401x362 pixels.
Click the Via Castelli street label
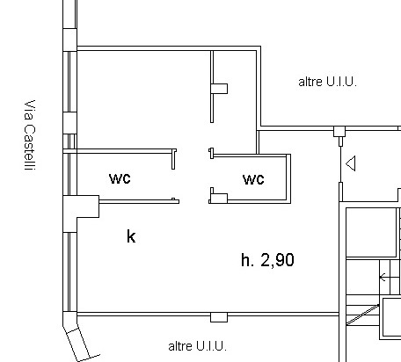(x=30, y=135)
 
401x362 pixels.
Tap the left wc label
(x=120, y=178)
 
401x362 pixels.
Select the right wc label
(x=253, y=179)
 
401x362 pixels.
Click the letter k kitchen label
(x=131, y=236)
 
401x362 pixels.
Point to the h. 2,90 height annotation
(x=267, y=260)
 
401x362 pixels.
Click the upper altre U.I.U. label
(x=327, y=82)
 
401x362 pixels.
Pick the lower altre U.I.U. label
(x=197, y=346)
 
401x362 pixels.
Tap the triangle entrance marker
(x=351, y=163)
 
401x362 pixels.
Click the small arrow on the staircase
(x=383, y=277)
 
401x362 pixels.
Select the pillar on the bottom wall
(x=219, y=317)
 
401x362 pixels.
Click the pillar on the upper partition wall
(x=219, y=89)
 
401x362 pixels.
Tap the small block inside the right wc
(x=220, y=198)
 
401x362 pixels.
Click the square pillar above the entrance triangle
(x=339, y=131)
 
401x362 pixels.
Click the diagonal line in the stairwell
(x=362, y=315)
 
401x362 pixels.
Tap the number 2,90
(x=277, y=260)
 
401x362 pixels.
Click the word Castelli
(x=30, y=148)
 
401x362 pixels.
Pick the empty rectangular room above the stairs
(x=372, y=233)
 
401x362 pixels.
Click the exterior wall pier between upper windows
(x=70, y=123)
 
